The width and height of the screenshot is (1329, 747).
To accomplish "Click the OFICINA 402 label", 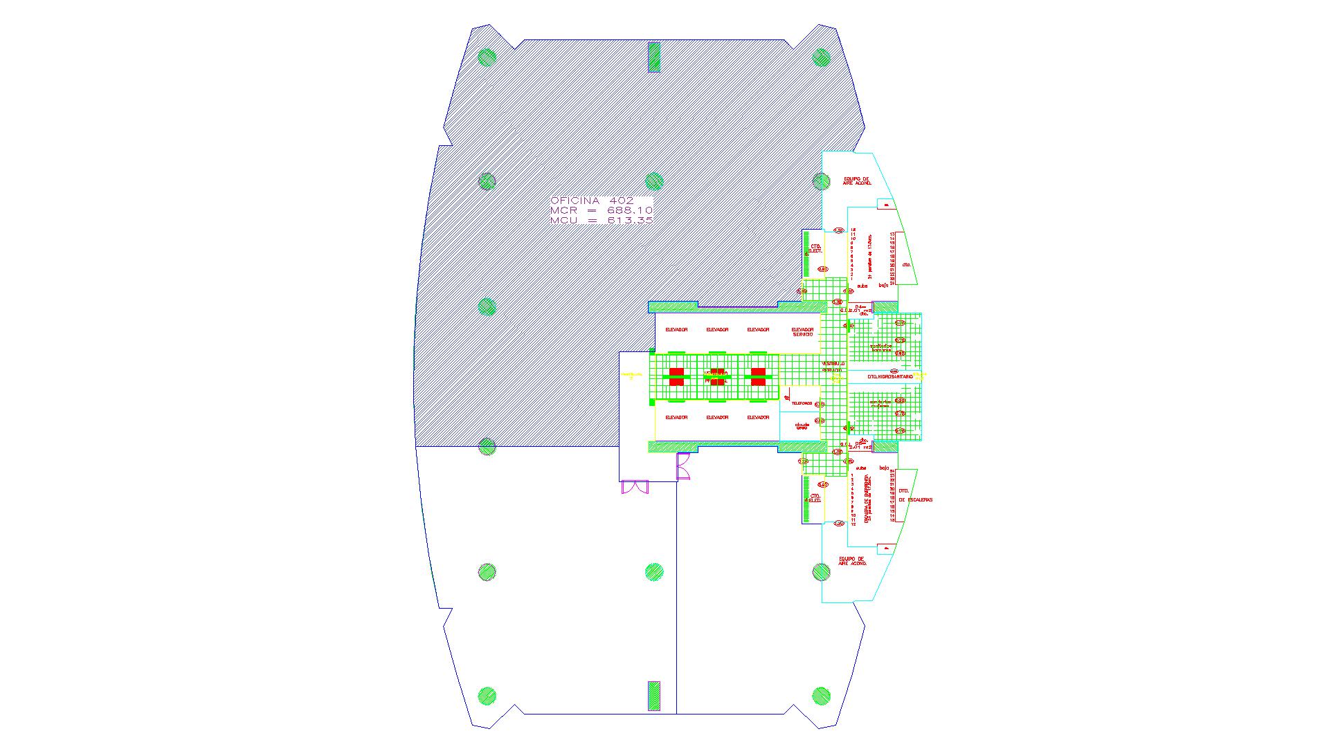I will click(592, 201).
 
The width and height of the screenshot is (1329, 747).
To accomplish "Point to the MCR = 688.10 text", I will click(601, 210).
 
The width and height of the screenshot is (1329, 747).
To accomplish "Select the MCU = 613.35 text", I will click(601, 221).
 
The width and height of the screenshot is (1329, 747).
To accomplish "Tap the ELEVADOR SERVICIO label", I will click(802, 332).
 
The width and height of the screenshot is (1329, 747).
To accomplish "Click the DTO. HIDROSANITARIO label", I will click(889, 376).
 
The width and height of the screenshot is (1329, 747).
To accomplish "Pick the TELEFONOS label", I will click(802, 403).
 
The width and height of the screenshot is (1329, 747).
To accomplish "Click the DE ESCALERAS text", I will click(916, 499).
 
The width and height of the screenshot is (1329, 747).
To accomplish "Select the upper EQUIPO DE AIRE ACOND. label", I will click(856, 181).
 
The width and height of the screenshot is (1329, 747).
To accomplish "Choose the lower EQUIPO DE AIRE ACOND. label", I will click(852, 561).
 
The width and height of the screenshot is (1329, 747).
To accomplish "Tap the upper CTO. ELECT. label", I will click(815, 248).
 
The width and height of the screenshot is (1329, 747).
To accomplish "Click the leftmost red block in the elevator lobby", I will click(676, 376).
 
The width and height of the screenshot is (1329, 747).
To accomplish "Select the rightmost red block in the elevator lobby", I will click(758, 376).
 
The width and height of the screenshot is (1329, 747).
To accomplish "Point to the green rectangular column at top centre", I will click(653, 57).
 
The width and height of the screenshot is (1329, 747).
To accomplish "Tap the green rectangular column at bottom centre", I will click(653, 695).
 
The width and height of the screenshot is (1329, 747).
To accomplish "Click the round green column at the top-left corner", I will click(487, 57).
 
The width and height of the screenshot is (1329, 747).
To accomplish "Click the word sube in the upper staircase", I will click(862, 285).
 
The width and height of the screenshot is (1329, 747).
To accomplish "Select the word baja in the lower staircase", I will click(884, 468).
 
